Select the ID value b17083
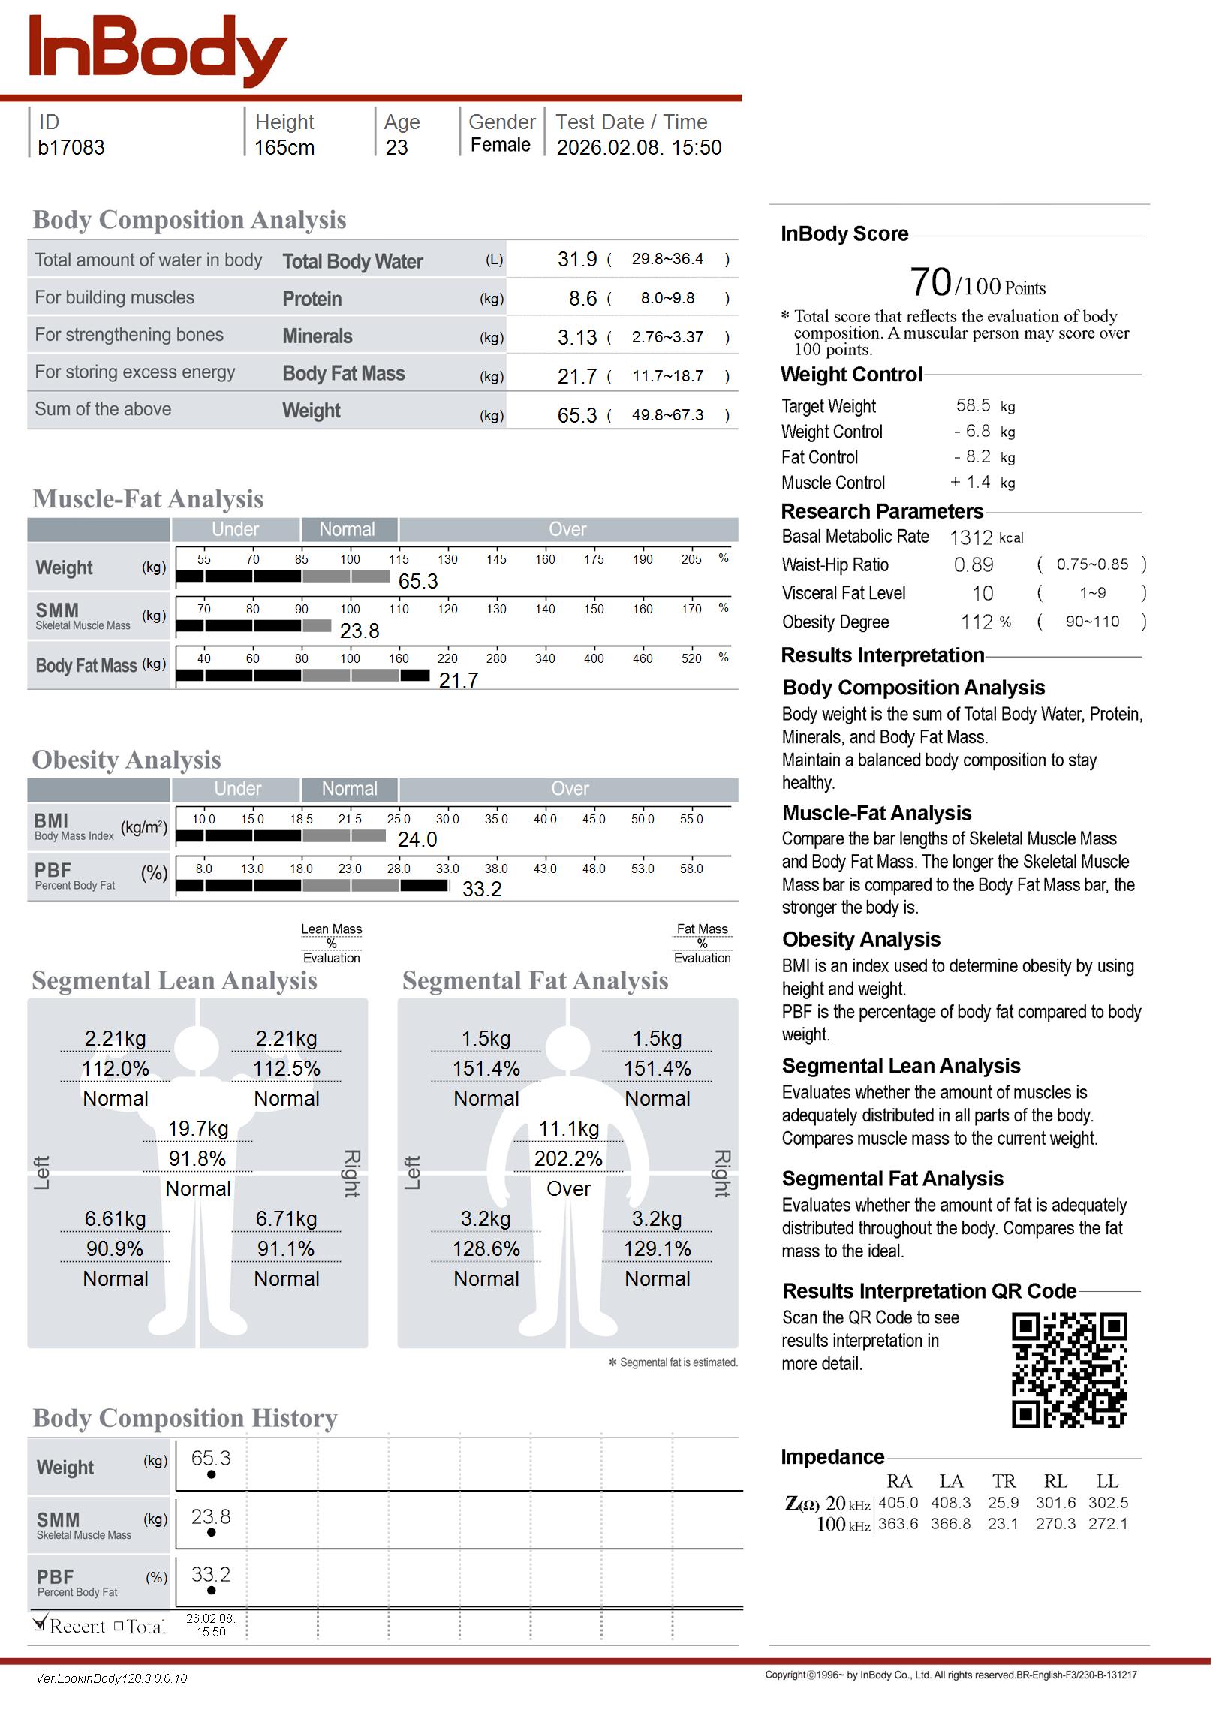point(71,148)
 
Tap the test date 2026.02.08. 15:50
point(638,148)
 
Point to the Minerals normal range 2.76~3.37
point(667,337)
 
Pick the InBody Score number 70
point(929,283)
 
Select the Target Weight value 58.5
point(973,405)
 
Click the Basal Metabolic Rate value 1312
point(971,538)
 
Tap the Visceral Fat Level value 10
point(983,594)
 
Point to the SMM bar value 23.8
point(360,631)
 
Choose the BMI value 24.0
point(417,840)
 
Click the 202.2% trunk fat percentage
point(567,1159)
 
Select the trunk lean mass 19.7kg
point(198,1129)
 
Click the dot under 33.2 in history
point(212,1590)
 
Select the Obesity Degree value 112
point(977,622)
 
